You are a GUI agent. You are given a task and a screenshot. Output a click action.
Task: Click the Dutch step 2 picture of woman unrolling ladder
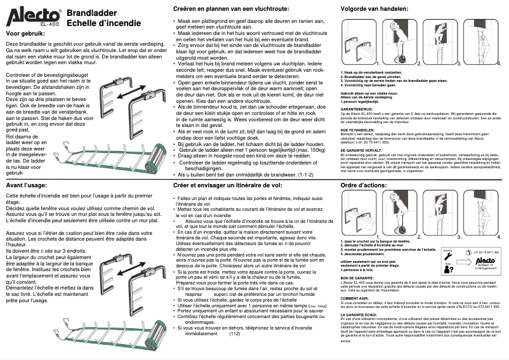[398, 42]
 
